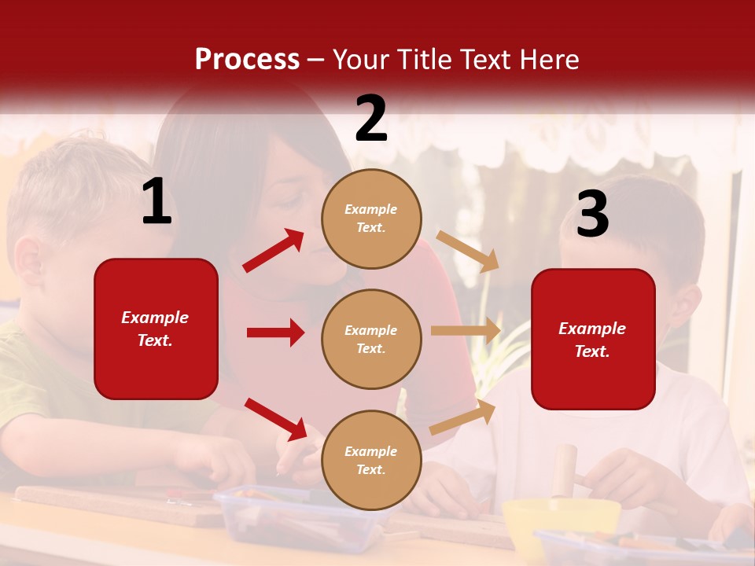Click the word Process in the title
247,59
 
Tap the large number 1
157,203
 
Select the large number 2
371,119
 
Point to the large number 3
592,215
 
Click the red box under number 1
156,329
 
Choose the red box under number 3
593,340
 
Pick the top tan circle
371,219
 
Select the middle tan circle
371,339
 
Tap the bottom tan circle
371,460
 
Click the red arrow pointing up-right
274,250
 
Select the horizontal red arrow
275,333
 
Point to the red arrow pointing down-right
276,419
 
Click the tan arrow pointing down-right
467,251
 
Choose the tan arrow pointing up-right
463,416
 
